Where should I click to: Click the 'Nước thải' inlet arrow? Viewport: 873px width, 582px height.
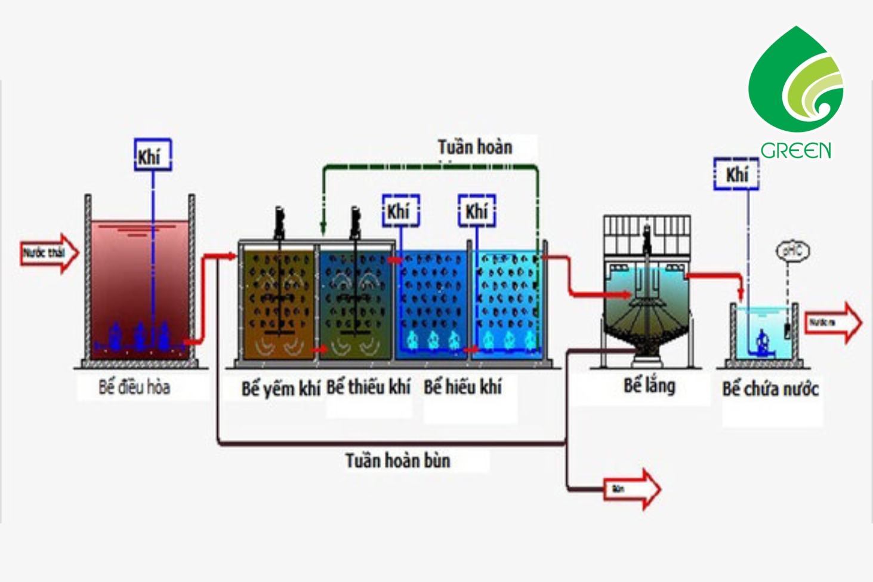click(49, 253)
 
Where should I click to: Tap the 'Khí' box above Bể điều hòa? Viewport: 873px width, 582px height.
click(153, 155)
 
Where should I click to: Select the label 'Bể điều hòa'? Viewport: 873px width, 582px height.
click(134, 387)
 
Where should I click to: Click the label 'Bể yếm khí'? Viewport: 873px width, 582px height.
click(280, 389)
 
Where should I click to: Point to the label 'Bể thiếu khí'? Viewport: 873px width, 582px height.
click(368, 387)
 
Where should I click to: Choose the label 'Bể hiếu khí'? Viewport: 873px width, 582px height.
click(462, 387)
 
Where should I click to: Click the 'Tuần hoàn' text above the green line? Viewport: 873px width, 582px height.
click(475, 147)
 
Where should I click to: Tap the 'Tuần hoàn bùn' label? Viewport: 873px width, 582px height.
click(397, 460)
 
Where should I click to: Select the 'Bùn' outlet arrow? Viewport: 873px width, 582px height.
click(631, 489)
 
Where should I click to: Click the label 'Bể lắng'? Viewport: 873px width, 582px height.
click(649, 386)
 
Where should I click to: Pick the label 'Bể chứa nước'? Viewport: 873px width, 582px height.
click(770, 389)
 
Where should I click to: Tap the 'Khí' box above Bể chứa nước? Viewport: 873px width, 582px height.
click(736, 174)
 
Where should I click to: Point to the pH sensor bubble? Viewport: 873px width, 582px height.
click(792, 251)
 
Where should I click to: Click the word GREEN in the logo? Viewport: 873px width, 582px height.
click(795, 150)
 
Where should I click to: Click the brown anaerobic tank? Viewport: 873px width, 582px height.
click(278, 304)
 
